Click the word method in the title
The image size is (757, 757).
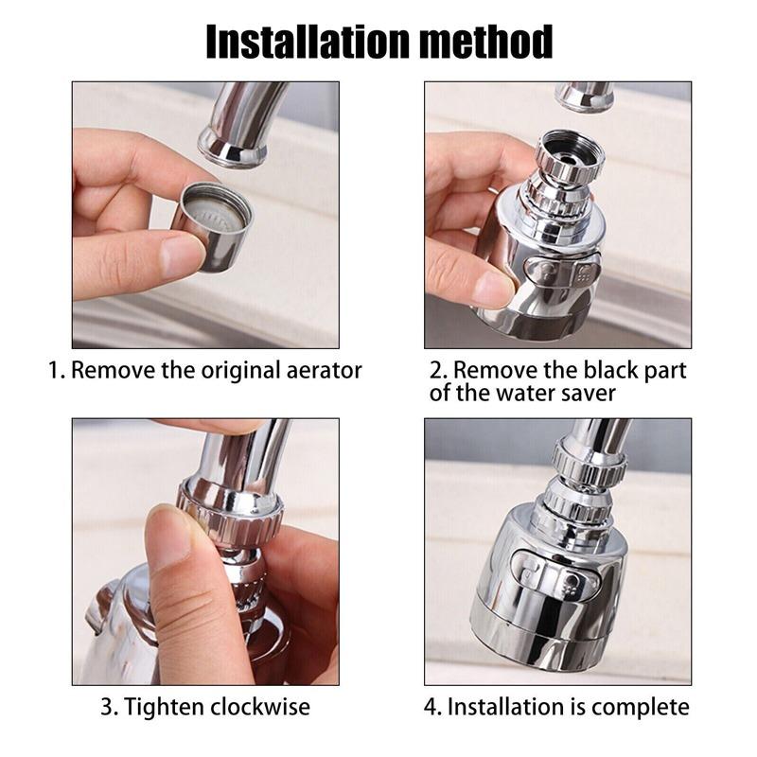(x=486, y=42)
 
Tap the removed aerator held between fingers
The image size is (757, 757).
(x=212, y=226)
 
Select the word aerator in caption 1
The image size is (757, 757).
(x=324, y=371)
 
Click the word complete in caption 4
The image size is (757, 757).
(x=641, y=707)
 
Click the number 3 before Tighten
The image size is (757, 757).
(x=106, y=707)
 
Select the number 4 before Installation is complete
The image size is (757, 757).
(x=431, y=707)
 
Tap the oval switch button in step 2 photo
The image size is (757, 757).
(x=561, y=273)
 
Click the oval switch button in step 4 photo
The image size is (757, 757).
(x=555, y=574)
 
